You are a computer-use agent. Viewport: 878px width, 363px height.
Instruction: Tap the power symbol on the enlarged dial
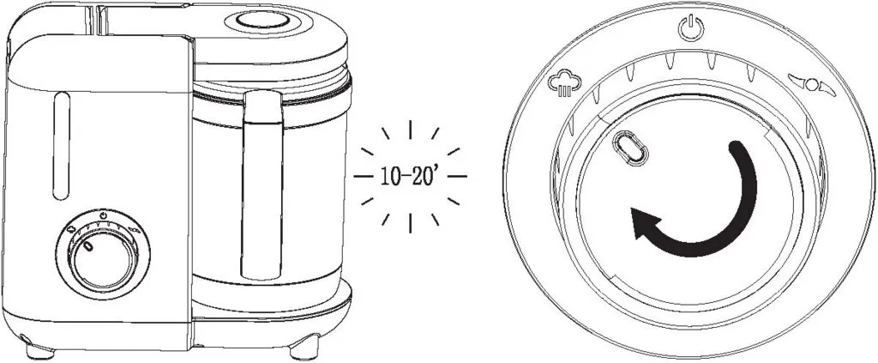point(690,28)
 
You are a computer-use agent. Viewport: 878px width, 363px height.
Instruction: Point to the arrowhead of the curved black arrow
point(644,222)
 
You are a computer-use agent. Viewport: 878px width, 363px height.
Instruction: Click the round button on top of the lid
point(262,21)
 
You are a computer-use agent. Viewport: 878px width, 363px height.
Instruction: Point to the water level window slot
point(62,146)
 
